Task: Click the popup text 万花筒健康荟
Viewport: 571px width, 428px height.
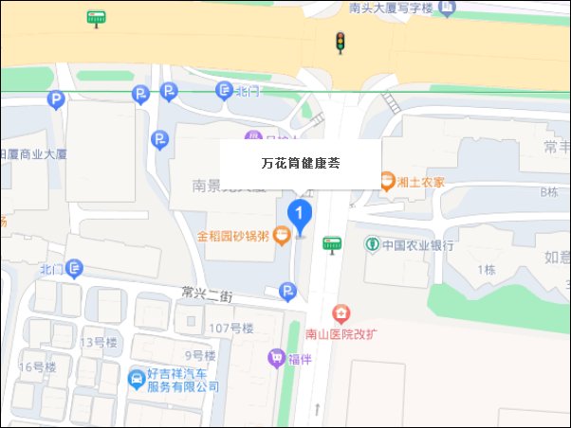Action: (x=301, y=163)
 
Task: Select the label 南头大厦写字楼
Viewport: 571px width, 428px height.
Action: (x=390, y=8)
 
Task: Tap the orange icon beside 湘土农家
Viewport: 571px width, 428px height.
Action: (x=387, y=181)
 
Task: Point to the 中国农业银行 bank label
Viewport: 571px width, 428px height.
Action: (x=417, y=245)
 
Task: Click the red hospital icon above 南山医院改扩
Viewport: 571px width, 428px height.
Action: (x=340, y=312)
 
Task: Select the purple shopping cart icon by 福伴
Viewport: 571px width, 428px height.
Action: (x=275, y=358)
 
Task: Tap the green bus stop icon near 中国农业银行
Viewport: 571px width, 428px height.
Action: (x=331, y=244)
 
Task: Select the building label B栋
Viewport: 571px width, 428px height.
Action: (x=547, y=192)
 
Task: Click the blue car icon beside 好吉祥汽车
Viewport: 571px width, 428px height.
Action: (x=136, y=380)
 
